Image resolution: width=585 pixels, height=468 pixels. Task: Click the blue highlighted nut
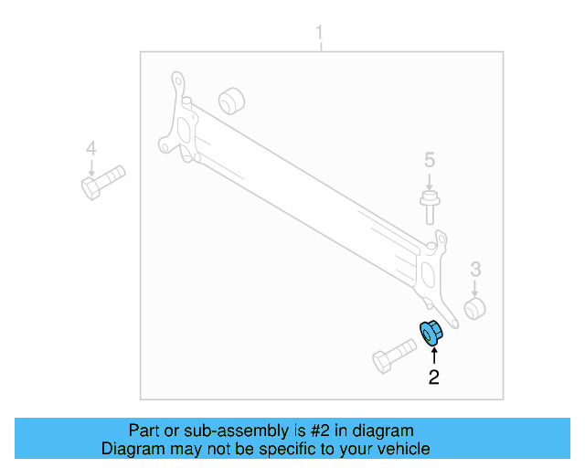(x=430, y=334)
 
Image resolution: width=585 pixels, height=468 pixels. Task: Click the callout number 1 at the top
(x=320, y=35)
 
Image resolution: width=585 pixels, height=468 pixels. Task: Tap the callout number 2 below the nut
(x=433, y=376)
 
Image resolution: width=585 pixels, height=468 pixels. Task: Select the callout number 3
(x=475, y=269)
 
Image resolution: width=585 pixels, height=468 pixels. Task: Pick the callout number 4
(x=90, y=149)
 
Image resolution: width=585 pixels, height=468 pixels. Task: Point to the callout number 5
(x=429, y=161)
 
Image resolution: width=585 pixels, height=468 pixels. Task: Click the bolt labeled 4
(x=101, y=181)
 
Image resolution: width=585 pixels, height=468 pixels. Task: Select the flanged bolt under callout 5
(x=429, y=206)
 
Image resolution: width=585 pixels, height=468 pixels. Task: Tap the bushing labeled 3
(x=475, y=308)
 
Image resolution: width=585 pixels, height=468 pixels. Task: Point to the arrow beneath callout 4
(x=90, y=167)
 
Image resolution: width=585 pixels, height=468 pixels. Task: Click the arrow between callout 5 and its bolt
(x=429, y=181)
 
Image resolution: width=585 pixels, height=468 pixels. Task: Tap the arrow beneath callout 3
(x=475, y=286)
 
